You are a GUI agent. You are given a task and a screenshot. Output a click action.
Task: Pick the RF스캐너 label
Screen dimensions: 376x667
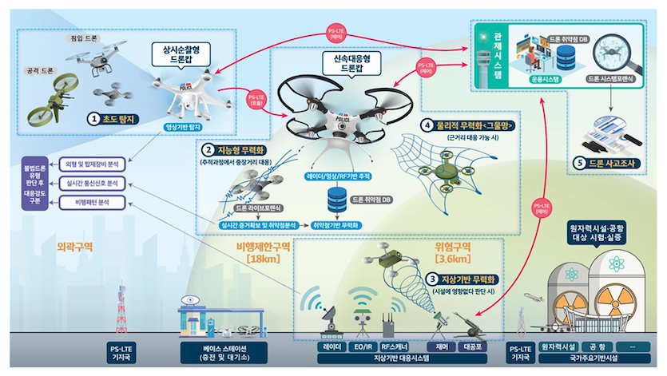pos(398,347)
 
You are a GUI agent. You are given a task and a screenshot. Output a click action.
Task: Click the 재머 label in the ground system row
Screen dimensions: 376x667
pos(439,347)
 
